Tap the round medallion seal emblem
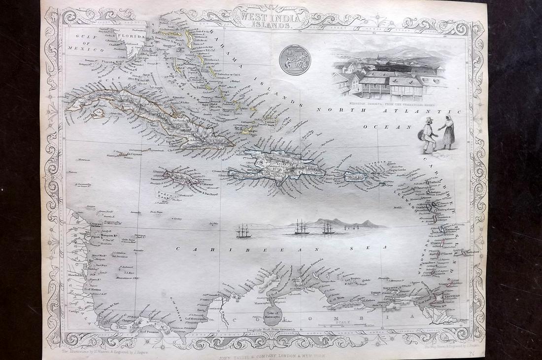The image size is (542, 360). coord(295,60)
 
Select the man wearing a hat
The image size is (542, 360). coord(428,135)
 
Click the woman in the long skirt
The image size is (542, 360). coord(448,131)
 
